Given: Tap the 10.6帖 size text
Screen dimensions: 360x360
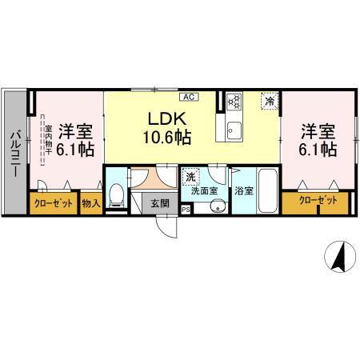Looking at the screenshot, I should (166, 138).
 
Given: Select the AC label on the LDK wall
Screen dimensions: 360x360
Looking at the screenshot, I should (189, 98).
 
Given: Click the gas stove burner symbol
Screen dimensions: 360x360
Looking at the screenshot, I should (234, 102).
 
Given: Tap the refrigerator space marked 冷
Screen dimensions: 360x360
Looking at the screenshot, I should (270, 102).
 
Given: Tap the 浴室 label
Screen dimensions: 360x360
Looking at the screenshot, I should (243, 191).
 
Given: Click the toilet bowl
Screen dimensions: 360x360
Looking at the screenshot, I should (117, 194).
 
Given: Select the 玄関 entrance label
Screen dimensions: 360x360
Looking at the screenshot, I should (159, 203).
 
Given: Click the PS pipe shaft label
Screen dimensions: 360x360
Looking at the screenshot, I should (186, 210).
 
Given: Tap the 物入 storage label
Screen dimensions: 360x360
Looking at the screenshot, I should (91, 203).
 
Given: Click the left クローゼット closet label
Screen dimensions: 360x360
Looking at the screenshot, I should (54, 203).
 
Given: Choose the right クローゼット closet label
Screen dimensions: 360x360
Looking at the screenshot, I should (318, 199).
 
